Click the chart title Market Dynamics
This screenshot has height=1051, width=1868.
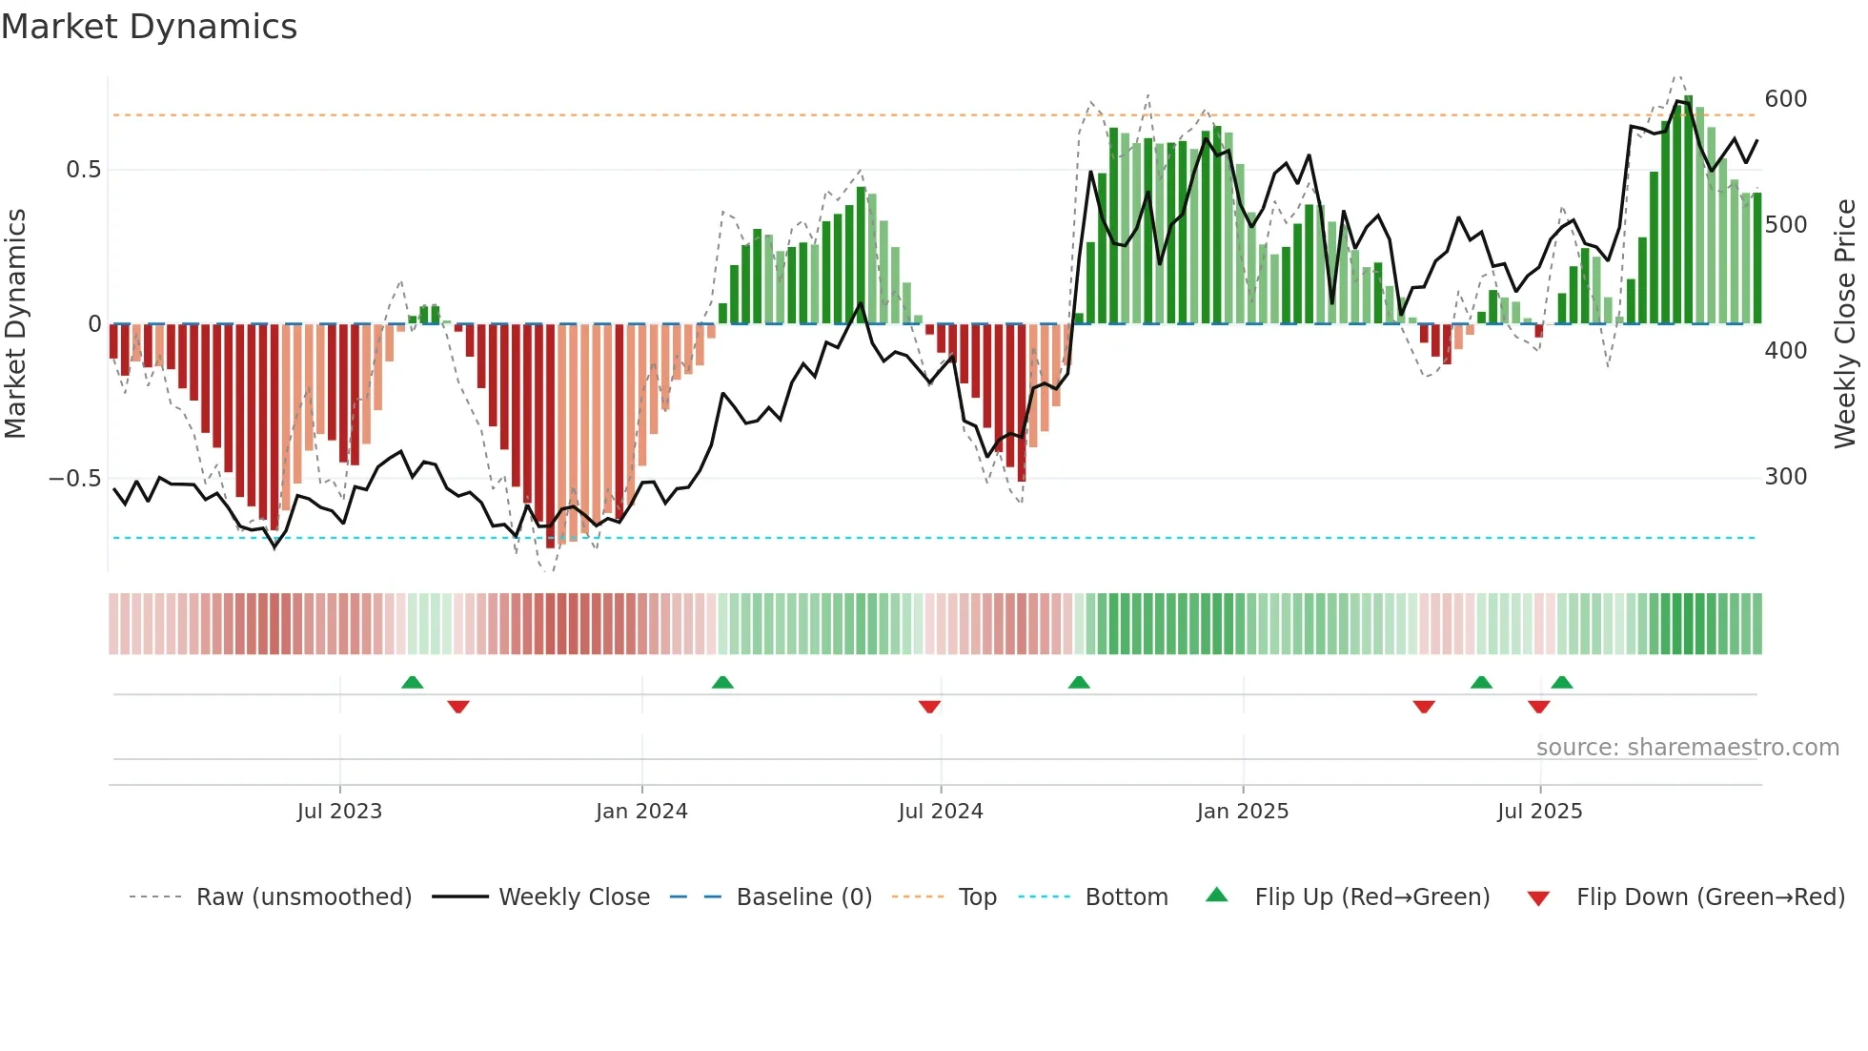pyautogui.click(x=149, y=27)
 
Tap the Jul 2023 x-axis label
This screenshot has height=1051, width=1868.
pyautogui.click(x=339, y=812)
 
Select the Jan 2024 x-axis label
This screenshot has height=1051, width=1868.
pyautogui.click(x=641, y=812)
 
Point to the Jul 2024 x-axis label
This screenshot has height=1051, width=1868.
pyautogui.click(x=941, y=812)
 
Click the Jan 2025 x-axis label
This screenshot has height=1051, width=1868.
pyautogui.click(x=1243, y=812)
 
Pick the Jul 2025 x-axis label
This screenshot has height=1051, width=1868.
pyautogui.click(x=1540, y=812)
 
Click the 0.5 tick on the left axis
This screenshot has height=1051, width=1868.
pyautogui.click(x=83, y=170)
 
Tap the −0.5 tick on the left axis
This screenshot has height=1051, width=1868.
pyautogui.click(x=75, y=479)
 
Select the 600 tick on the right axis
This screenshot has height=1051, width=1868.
pyautogui.click(x=1786, y=99)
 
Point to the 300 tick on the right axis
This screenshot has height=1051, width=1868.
pyautogui.click(x=1786, y=477)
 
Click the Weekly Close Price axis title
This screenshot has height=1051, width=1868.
pyautogui.click(x=1846, y=324)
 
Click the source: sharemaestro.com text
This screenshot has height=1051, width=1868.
pyautogui.click(x=1688, y=748)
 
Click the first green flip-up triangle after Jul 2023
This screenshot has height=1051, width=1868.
pyautogui.click(x=412, y=683)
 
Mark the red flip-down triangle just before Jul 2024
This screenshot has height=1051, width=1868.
pyautogui.click(x=930, y=707)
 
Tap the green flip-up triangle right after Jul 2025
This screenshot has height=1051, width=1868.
pyautogui.click(x=1562, y=683)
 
